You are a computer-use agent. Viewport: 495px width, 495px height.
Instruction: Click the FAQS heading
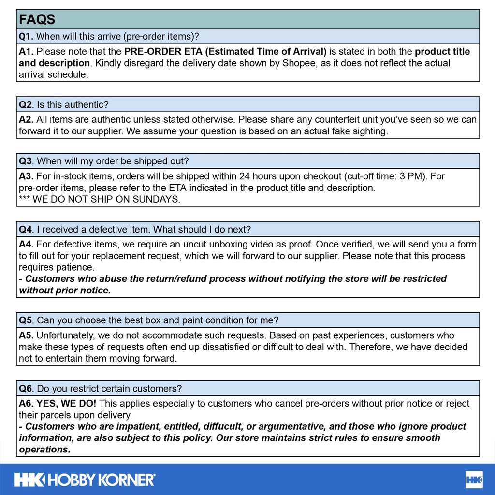click(37, 19)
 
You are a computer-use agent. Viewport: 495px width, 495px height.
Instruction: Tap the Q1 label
click(26, 36)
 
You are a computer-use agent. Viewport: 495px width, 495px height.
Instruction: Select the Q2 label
click(26, 104)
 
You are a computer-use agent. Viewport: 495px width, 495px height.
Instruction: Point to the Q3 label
click(26, 161)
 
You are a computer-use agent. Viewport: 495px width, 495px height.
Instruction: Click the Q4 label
click(26, 229)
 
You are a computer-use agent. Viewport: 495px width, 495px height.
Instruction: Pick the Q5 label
click(26, 320)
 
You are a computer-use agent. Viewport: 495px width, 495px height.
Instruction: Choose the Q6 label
click(26, 388)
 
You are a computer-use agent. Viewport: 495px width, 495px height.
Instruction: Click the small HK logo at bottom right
click(474, 480)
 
